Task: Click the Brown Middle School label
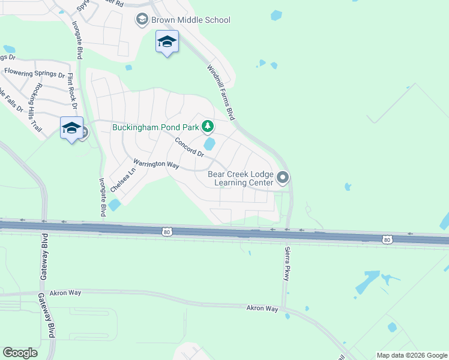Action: point(190,20)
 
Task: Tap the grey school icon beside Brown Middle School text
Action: point(142,20)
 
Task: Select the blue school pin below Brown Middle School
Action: point(167,43)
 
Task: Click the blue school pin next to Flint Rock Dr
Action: point(71,127)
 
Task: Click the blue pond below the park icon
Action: point(209,145)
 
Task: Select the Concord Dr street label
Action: point(190,148)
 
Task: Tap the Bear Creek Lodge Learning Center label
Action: point(240,178)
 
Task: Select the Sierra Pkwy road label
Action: point(286,262)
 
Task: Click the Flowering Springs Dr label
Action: point(34,73)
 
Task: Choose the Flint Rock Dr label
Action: point(73,91)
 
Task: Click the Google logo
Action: point(20,352)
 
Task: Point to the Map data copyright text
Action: point(412,355)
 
